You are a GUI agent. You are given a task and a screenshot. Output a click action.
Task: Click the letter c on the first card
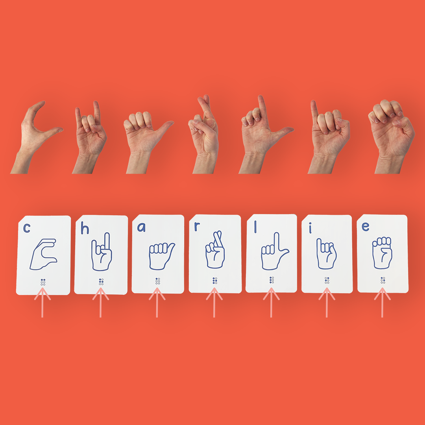[27, 228]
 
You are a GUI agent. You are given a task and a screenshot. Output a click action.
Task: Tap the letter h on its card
[85, 228]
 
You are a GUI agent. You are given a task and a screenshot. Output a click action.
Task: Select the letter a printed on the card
[141, 227]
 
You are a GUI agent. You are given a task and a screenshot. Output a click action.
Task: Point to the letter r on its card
[197, 227]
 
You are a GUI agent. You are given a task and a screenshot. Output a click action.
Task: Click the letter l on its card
[255, 227]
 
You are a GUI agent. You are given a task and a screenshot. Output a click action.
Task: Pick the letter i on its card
[310, 229]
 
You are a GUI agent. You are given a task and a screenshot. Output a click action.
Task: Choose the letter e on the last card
[365, 227]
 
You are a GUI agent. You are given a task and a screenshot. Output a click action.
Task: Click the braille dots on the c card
[43, 282]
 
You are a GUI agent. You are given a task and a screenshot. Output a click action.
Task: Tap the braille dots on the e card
[383, 280]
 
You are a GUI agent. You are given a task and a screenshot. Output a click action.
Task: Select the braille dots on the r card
[215, 281]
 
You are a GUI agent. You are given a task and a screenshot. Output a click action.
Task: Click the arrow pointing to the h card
[101, 302]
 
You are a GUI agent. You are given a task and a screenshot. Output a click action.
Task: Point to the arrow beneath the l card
[271, 302]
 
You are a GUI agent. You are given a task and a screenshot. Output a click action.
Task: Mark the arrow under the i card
[327, 302]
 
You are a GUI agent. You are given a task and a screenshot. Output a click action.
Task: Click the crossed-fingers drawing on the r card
[215, 249]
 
